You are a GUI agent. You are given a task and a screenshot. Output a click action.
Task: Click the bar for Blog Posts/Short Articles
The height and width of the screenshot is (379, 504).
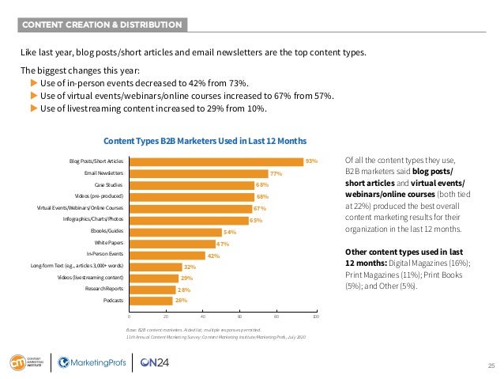tap(216, 161)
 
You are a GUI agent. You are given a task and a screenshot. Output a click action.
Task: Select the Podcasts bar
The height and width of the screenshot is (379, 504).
tap(151, 301)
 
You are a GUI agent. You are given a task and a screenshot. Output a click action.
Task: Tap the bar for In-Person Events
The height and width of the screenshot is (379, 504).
tap(167, 255)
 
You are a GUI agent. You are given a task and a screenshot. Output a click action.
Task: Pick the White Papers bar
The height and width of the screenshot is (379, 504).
tap(171, 244)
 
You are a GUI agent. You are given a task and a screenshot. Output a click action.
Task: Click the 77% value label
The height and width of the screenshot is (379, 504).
tap(276, 173)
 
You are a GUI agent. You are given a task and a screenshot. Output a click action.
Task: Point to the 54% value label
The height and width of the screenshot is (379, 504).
tap(231, 232)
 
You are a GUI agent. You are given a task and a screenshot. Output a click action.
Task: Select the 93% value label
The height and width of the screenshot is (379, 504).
tap(311, 161)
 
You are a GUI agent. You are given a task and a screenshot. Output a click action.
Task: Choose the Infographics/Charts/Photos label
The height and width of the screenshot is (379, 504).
tap(93, 219)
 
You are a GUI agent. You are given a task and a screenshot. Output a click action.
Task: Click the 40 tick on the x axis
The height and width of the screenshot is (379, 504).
tap(203, 316)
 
